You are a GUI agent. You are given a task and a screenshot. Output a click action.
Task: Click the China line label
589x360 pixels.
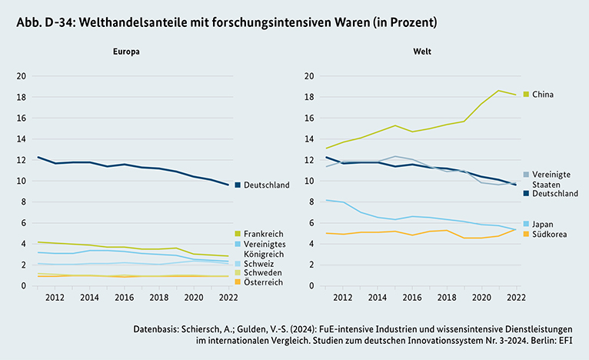pyautogui.click(x=543, y=95)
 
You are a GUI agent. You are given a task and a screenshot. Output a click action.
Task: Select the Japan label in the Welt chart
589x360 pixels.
pyautogui.click(x=542, y=224)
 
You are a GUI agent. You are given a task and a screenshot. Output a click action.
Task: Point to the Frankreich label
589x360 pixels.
pyautogui.click(x=265, y=232)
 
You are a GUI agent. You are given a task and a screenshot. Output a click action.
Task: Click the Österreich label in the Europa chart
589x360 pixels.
pyautogui.click(x=265, y=282)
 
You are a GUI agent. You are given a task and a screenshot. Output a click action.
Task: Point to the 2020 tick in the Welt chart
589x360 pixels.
pyautogui.click(x=482, y=296)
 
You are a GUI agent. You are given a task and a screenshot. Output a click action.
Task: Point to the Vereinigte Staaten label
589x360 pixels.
pyautogui.click(x=551, y=179)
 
